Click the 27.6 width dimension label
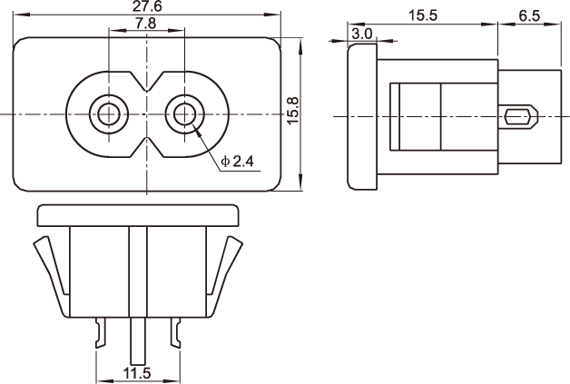(x=147, y=6)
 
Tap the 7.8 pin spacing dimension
(x=146, y=24)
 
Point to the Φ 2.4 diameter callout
(x=238, y=161)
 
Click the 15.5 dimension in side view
(x=423, y=15)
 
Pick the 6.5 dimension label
(x=529, y=16)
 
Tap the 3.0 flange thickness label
(x=362, y=34)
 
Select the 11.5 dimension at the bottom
(x=137, y=373)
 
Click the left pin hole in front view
(x=108, y=114)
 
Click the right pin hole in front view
(x=184, y=114)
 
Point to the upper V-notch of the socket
(x=146, y=81)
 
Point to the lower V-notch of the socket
(x=146, y=148)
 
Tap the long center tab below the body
(x=138, y=341)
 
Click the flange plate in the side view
(x=362, y=116)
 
